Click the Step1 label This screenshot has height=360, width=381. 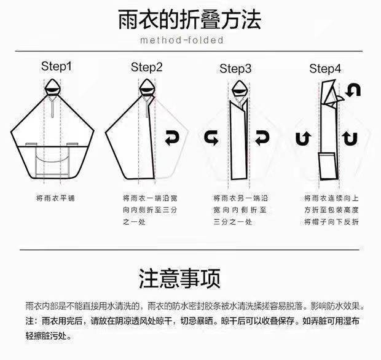[57, 66]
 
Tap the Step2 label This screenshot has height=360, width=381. [146, 68]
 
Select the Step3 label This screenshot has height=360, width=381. [235, 69]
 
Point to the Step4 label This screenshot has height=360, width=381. [325, 69]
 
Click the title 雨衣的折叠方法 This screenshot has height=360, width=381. [190, 20]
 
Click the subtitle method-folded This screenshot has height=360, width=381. [182, 40]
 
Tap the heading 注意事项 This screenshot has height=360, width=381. [180, 278]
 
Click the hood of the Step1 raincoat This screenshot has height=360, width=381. [52, 87]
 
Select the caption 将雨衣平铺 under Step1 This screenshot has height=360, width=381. [55, 198]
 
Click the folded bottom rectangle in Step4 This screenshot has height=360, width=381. [328, 166]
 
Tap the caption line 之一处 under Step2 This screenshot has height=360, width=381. [134, 222]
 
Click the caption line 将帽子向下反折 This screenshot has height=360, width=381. [331, 222]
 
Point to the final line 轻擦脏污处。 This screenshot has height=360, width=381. [49, 336]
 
